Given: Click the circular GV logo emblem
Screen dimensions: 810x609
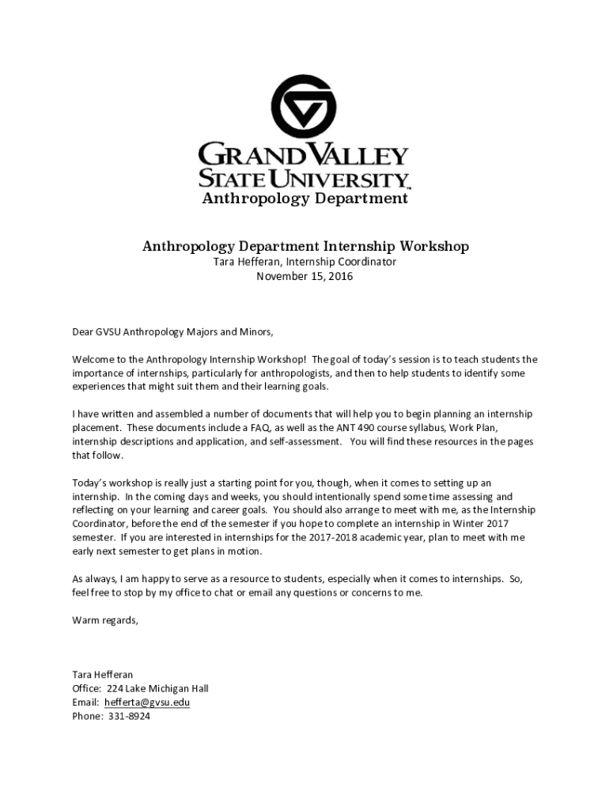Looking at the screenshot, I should (x=304, y=109).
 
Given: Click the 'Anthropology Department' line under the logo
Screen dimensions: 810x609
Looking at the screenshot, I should (x=304, y=199).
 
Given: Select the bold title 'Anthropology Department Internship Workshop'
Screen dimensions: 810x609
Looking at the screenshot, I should (x=305, y=246).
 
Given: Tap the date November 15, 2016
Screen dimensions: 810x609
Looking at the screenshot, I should (x=304, y=277).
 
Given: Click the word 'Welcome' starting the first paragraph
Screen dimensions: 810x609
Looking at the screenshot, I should (x=94, y=359).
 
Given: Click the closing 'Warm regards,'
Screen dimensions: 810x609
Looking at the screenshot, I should (x=105, y=620).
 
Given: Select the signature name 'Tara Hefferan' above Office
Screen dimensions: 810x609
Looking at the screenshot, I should (x=102, y=675).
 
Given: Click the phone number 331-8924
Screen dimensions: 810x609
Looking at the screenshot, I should (x=128, y=716).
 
